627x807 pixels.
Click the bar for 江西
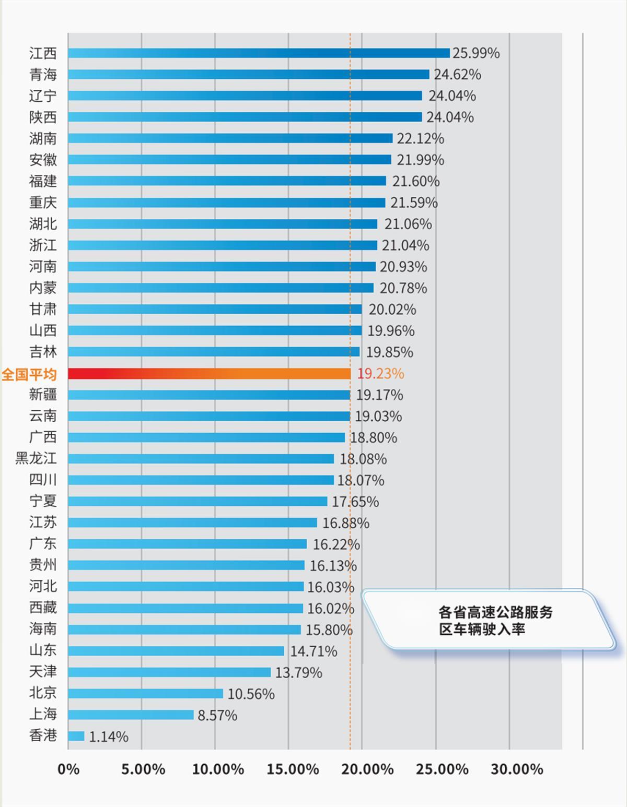click(259, 53)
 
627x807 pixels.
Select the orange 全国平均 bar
click(209, 374)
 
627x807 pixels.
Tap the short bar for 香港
click(76, 736)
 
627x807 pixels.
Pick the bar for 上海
click(131, 715)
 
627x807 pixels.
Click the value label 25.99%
click(476, 53)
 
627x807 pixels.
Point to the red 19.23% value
click(380, 374)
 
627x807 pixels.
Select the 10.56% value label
click(251, 694)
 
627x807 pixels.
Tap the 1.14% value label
click(109, 737)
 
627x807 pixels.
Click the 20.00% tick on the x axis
click(368, 769)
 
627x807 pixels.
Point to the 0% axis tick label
click(68, 769)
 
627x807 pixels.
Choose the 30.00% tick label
click(517, 769)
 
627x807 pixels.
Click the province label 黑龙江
click(36, 458)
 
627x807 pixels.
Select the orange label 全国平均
click(29, 374)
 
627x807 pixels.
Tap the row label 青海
click(43, 75)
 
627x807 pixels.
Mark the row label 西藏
click(43, 608)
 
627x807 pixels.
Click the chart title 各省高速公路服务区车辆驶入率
click(495, 620)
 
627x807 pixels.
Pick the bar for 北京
click(145, 693)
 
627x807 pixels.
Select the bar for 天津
click(169, 672)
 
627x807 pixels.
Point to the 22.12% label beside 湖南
click(421, 139)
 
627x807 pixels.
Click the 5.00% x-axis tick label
click(143, 769)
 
